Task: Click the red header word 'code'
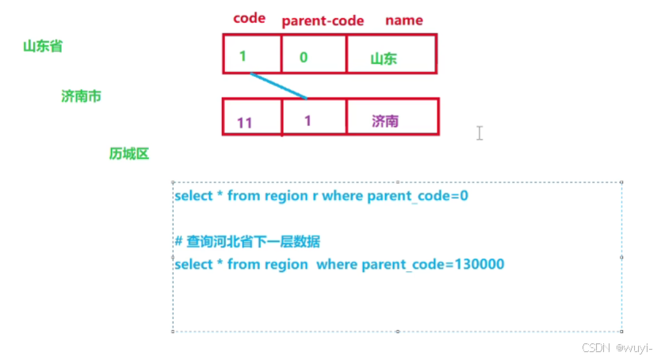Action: point(249,19)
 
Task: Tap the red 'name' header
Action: point(403,20)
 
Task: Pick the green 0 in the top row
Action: point(304,57)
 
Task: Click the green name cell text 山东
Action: point(384,58)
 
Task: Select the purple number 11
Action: point(244,122)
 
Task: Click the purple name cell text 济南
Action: point(385,121)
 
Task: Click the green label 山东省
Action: point(43,46)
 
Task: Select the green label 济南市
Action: point(81,96)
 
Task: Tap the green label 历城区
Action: point(129,154)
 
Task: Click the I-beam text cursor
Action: point(480,133)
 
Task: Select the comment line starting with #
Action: point(252,241)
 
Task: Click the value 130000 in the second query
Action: point(480,264)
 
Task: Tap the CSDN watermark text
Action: point(617,348)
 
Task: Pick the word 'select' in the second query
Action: point(192,264)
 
